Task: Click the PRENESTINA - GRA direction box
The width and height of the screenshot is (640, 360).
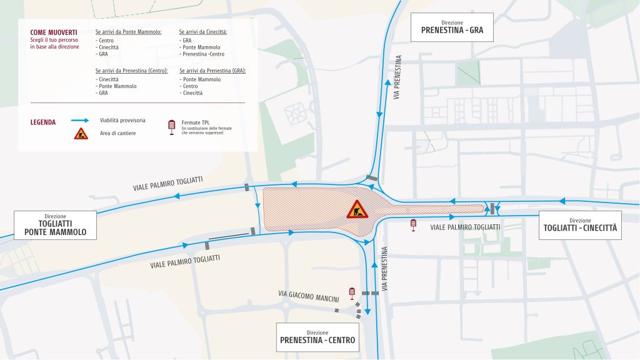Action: [x=451, y=26]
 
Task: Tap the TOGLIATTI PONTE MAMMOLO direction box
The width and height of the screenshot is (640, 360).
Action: [x=55, y=225]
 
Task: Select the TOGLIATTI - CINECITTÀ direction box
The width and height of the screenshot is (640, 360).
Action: [x=580, y=225]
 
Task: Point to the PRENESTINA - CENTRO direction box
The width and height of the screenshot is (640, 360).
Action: [x=317, y=337]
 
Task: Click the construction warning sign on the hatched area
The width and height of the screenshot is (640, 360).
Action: [x=357, y=209]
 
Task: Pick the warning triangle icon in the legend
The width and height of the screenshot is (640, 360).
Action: [x=81, y=133]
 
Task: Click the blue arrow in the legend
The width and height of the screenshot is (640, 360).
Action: [x=79, y=120]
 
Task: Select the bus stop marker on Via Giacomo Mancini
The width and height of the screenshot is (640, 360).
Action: [x=352, y=292]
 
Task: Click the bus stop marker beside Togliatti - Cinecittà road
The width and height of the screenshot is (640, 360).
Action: [x=413, y=225]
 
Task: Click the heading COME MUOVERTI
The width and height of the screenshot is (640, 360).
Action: [x=53, y=32]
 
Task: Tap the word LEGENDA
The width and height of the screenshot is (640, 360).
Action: [x=43, y=122]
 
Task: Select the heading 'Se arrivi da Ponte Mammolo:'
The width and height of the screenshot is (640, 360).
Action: [x=129, y=31]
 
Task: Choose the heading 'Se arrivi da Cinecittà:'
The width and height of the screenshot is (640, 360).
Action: [x=203, y=31]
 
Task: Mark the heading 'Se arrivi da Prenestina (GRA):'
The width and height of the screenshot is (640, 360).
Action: [x=212, y=71]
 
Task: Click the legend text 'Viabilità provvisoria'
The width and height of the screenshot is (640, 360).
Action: [x=122, y=120]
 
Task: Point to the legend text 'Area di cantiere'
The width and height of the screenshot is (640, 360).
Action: [x=117, y=133]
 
